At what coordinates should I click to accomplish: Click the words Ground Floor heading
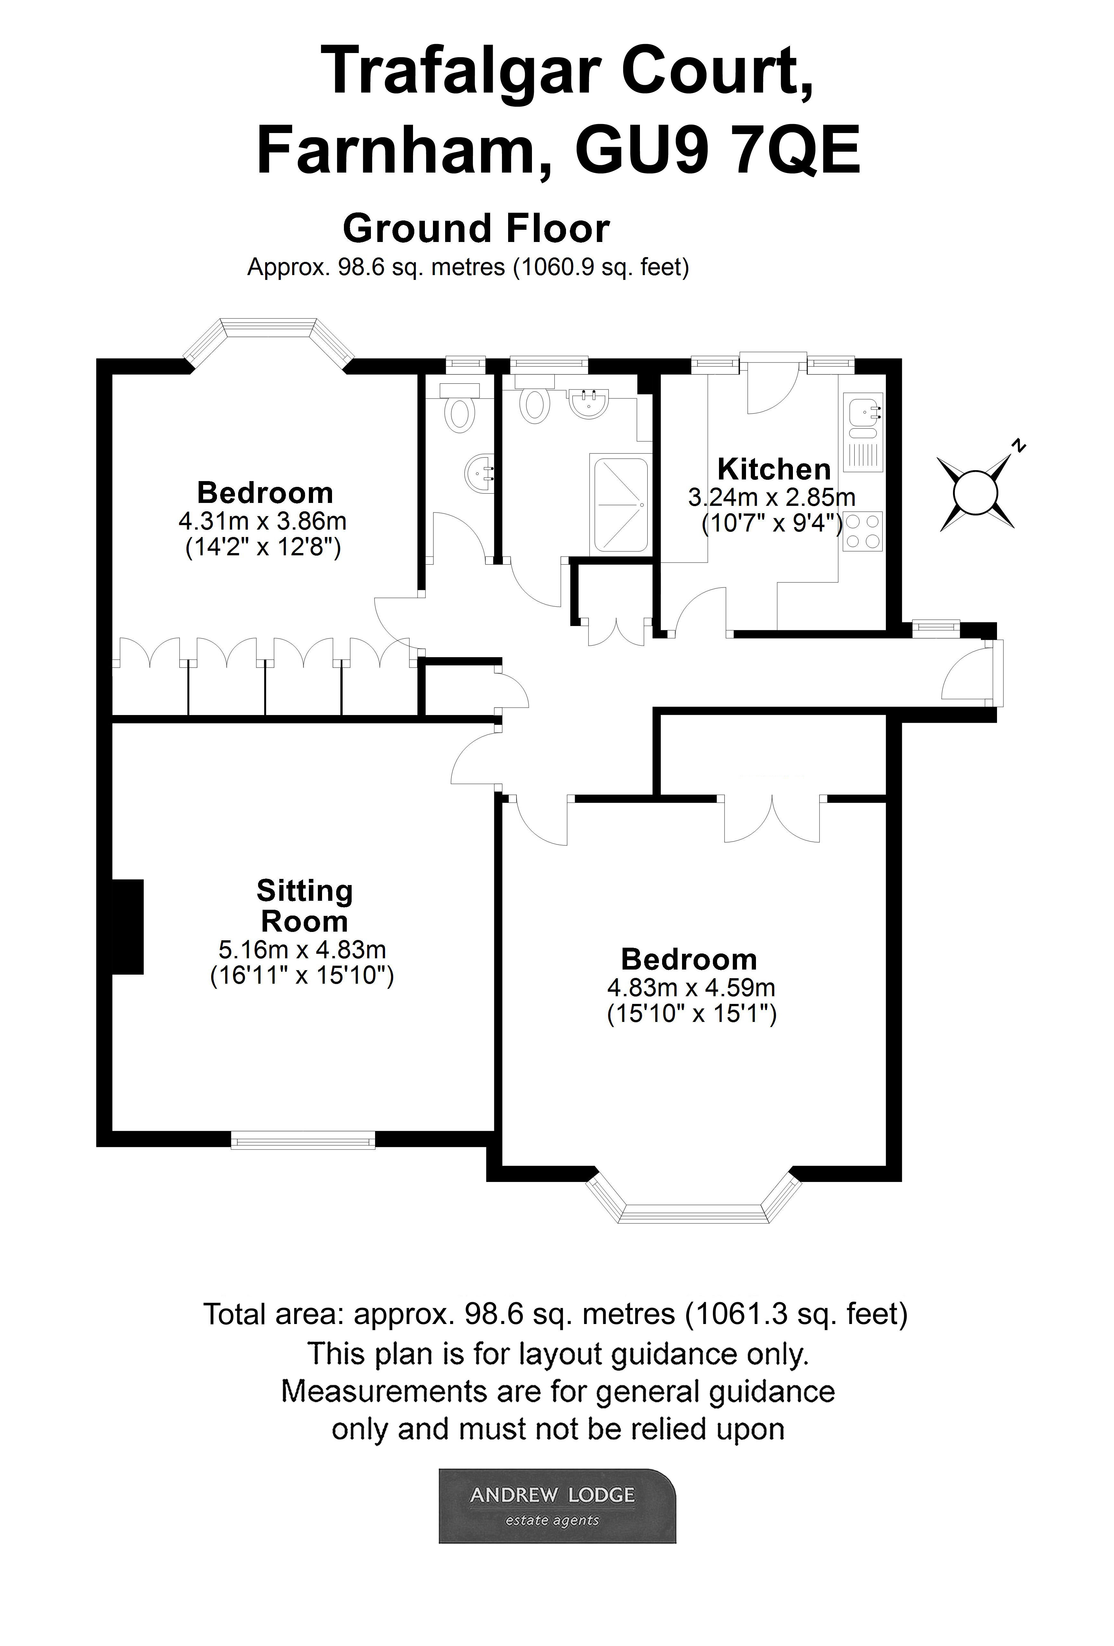(476, 229)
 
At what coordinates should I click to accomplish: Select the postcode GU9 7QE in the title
(717, 151)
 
